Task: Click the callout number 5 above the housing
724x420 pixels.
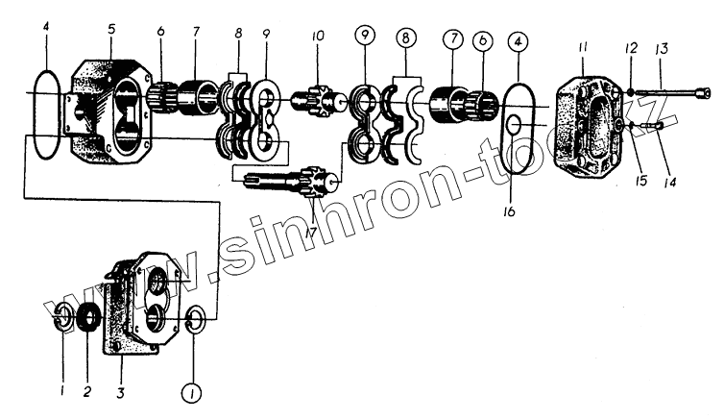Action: click(111, 29)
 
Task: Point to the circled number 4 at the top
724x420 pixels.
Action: click(518, 42)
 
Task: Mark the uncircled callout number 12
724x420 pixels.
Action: click(630, 49)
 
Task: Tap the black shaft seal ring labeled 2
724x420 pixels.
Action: click(88, 317)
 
